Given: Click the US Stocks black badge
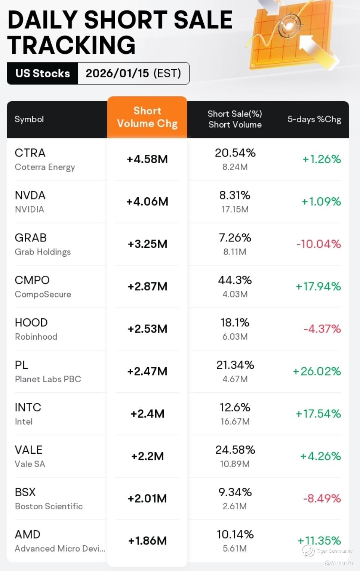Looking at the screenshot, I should [x=43, y=73].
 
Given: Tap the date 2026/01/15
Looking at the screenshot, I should [x=117, y=73].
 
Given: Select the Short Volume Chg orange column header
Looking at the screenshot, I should [x=147, y=117].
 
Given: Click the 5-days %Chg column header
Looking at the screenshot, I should [x=314, y=119].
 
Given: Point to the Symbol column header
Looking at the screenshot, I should [x=29, y=119].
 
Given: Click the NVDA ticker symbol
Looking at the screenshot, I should [x=30, y=195].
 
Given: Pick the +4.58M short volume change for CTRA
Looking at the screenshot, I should [x=147, y=159].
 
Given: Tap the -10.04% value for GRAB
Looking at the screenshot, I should [x=319, y=244].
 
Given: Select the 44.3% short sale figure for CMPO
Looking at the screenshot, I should [x=235, y=280].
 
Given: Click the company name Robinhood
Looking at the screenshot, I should [x=36, y=337].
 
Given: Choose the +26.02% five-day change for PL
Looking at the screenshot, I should [x=317, y=371].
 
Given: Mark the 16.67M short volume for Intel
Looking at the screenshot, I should [x=235, y=422].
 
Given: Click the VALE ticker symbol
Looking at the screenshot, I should [x=28, y=450].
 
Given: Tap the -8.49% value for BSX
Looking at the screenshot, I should [x=322, y=498].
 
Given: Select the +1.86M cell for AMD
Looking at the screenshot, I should [x=147, y=541].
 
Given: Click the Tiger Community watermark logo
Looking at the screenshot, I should [x=309, y=551].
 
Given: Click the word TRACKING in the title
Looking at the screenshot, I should [x=71, y=45].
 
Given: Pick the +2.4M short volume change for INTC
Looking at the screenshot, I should [x=147, y=414].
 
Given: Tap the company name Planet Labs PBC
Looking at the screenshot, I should [x=48, y=379].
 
